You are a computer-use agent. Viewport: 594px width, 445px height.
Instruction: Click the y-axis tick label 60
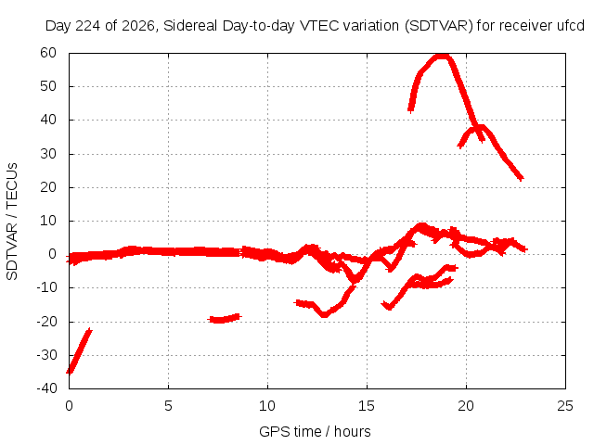[48, 53]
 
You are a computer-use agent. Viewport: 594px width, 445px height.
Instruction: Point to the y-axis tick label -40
[46, 388]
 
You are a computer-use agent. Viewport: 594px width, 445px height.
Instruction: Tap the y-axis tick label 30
[48, 154]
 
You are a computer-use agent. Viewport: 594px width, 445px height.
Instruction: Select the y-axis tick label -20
[46, 322]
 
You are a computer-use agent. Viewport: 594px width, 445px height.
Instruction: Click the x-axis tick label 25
[565, 406]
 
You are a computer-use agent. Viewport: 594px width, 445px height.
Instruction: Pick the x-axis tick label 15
[367, 406]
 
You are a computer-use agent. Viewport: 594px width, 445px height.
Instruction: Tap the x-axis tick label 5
[168, 406]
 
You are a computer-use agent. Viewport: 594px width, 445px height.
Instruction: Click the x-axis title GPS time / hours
[315, 431]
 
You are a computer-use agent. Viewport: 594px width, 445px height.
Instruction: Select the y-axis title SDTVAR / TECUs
[12, 222]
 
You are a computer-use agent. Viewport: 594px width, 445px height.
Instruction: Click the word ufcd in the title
[571, 26]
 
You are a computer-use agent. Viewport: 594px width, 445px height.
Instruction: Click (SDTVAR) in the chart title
[438, 26]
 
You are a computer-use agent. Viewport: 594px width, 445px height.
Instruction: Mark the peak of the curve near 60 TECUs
[442, 57]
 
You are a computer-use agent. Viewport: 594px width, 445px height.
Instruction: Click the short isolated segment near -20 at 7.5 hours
[225, 319]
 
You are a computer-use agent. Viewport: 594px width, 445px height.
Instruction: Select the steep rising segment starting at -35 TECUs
[79, 350]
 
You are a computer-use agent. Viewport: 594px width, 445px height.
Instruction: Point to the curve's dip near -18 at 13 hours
[324, 314]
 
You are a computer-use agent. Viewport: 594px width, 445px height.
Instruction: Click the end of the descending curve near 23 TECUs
[522, 178]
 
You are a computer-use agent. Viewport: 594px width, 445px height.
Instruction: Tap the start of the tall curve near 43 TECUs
[410, 109]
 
